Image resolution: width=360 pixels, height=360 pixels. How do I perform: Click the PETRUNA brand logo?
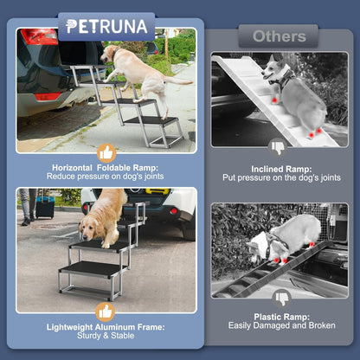coord(106,26)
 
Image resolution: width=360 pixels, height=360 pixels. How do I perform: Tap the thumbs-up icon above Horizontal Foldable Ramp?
coord(106,152)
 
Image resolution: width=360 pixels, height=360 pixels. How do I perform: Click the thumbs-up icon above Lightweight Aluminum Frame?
coord(106,312)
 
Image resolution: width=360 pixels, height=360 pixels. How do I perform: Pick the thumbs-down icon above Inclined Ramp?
coord(279,147)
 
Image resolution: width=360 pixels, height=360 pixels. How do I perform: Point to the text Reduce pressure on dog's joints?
coord(106,177)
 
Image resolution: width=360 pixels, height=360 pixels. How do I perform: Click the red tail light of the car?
coord(37,36)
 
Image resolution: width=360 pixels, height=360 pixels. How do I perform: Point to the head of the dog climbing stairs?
coord(111,54)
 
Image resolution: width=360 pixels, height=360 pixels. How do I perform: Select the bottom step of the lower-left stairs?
coord(90,271)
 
